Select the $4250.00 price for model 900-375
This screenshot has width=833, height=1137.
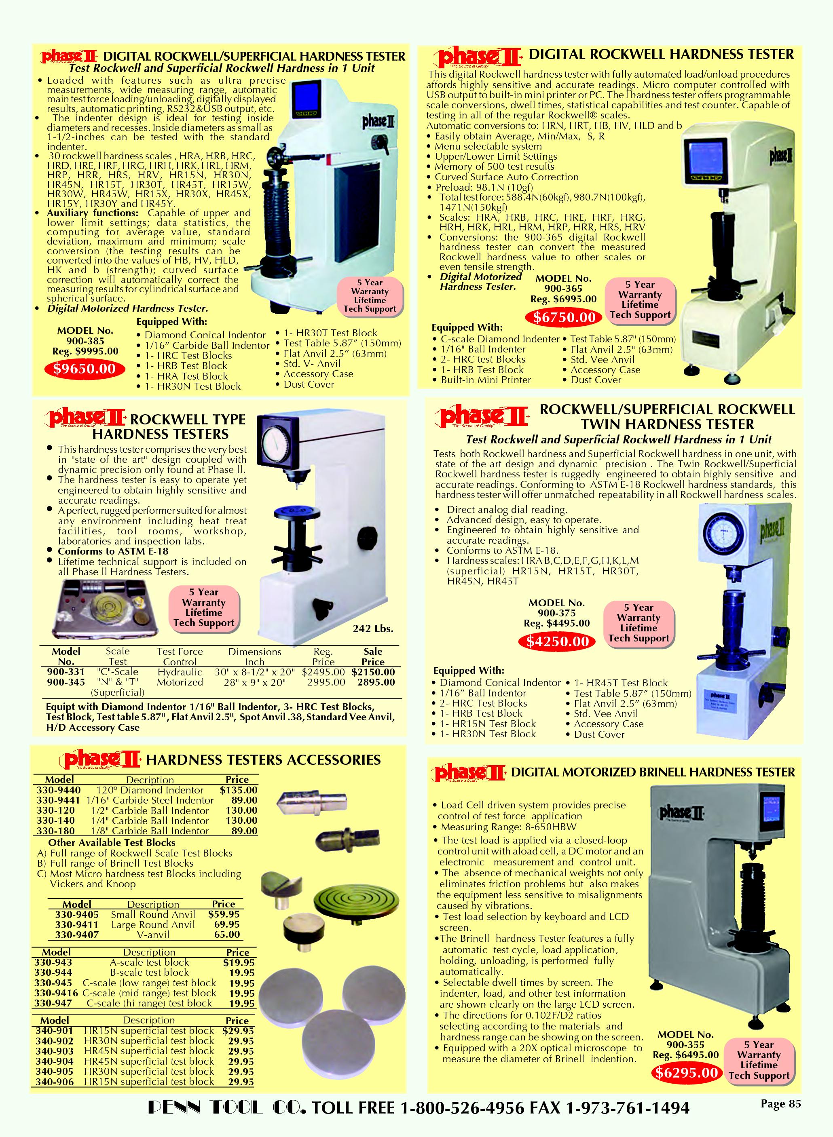[x=558, y=641]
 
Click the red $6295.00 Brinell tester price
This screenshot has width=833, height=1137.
[x=686, y=1072]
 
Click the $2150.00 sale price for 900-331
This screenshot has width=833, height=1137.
[x=373, y=672]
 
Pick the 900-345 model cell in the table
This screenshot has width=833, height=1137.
[x=66, y=682]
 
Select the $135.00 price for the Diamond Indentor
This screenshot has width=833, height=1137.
[x=239, y=790]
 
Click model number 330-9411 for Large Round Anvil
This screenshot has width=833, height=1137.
[x=77, y=924]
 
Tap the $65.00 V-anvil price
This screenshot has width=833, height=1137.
[x=227, y=934]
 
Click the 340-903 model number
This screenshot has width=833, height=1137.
[x=55, y=1051]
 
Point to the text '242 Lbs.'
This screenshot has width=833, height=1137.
[x=373, y=629]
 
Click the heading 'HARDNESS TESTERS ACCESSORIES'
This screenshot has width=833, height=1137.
[x=263, y=759]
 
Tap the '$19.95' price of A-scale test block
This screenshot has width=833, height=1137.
[x=239, y=962]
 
